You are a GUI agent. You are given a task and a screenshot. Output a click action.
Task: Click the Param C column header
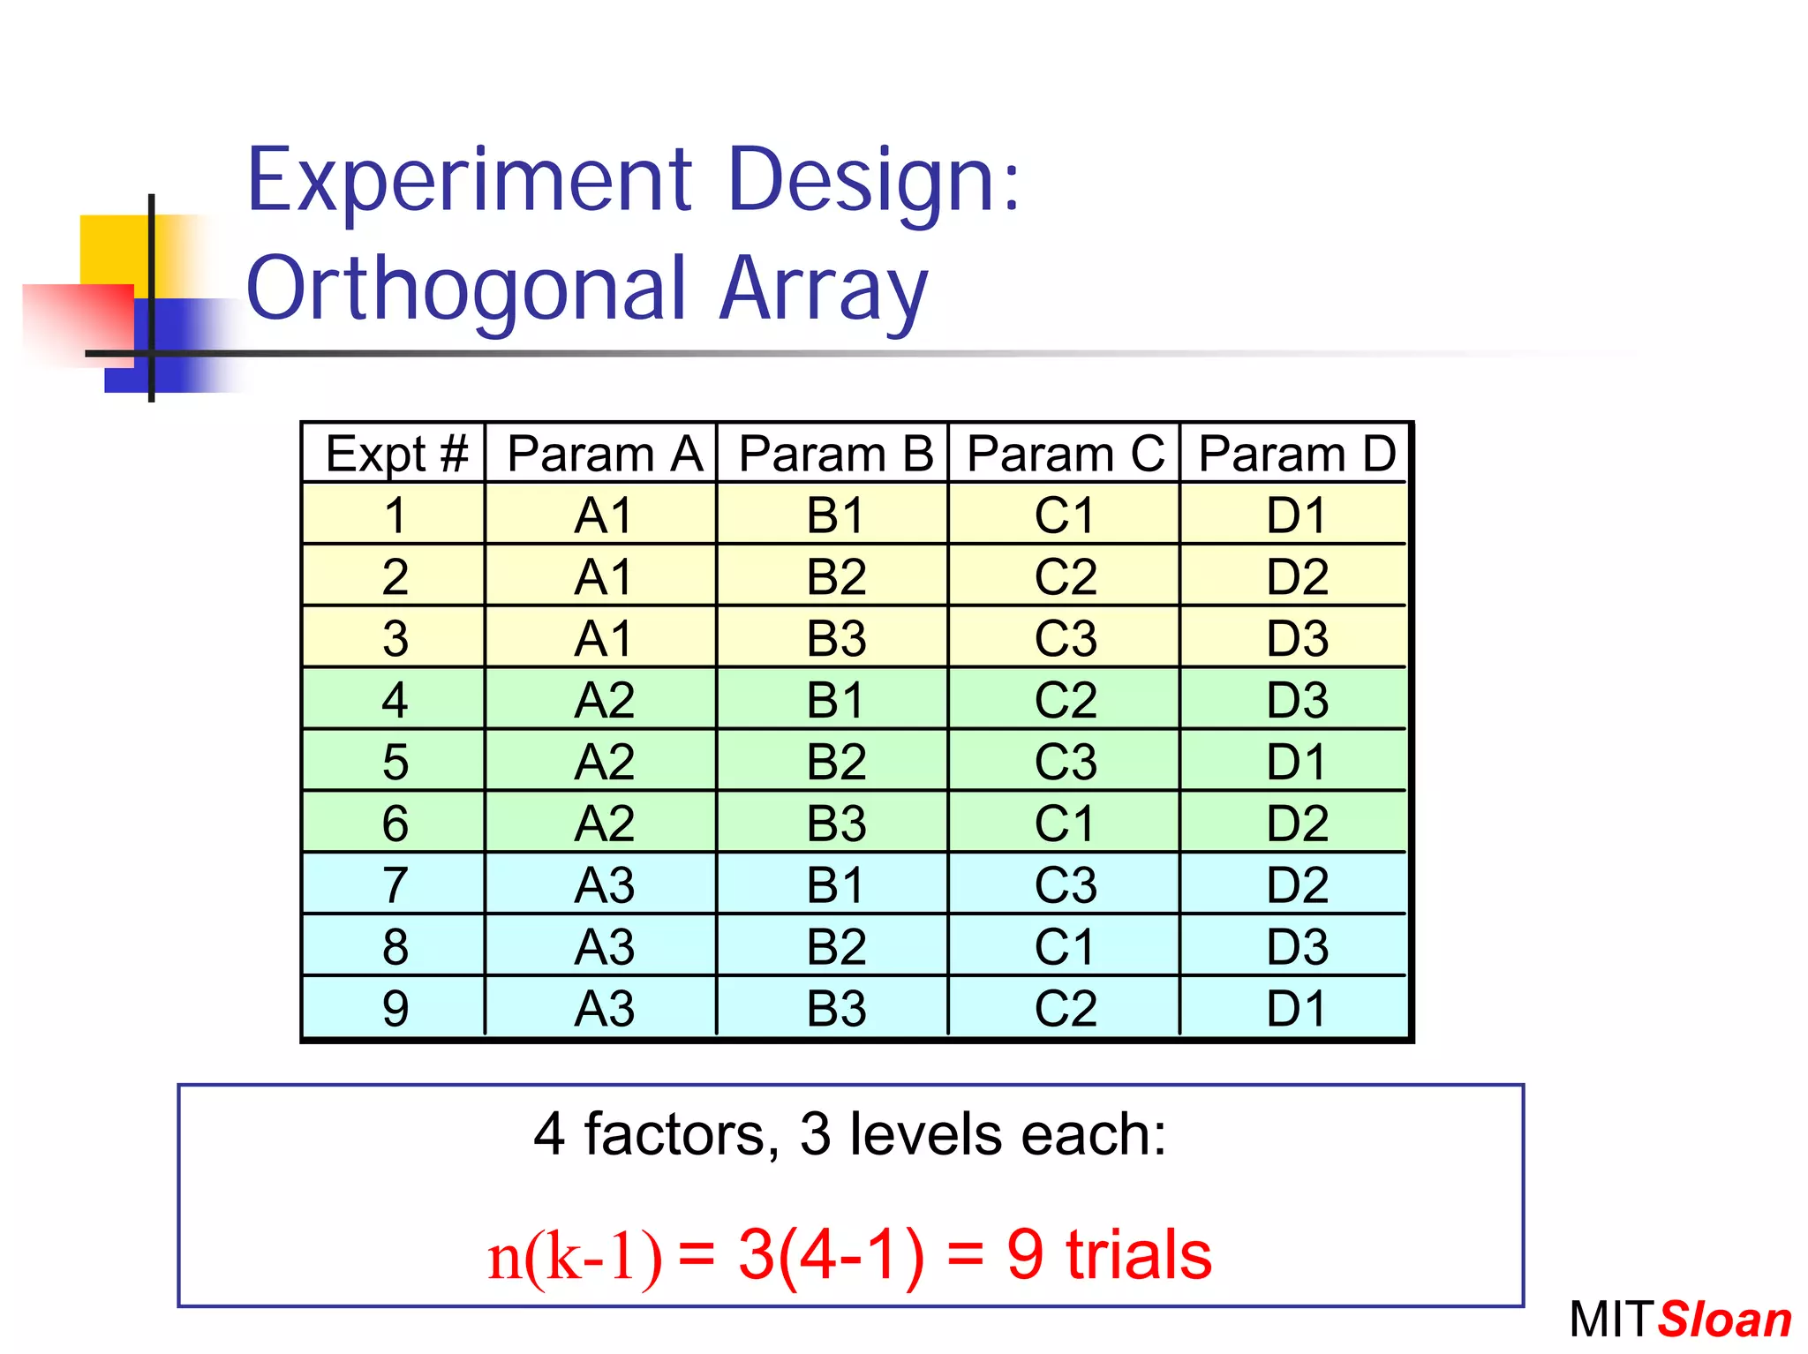click(x=1065, y=454)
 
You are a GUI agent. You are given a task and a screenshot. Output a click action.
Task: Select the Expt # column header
click(x=395, y=454)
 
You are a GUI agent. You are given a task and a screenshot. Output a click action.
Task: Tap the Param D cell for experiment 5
click(x=1296, y=761)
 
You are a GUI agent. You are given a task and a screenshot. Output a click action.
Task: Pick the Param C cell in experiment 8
click(x=1065, y=946)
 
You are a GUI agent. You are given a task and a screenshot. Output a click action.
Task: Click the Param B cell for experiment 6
click(x=836, y=823)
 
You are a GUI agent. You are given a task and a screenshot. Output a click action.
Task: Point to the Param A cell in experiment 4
click(x=604, y=700)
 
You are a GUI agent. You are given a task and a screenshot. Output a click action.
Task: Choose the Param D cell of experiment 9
click(x=1296, y=1008)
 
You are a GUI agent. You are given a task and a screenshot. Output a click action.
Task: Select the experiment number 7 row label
click(x=395, y=884)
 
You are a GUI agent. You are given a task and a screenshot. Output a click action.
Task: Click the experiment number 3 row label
click(x=395, y=638)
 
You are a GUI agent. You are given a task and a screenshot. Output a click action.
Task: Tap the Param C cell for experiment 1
click(x=1065, y=515)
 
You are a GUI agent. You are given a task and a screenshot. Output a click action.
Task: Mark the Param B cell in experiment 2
click(x=836, y=576)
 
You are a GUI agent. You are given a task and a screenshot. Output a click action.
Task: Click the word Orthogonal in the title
click(x=466, y=290)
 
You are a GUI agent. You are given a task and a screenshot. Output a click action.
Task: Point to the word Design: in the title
click(x=874, y=181)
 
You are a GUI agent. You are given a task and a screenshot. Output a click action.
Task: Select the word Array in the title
click(x=823, y=290)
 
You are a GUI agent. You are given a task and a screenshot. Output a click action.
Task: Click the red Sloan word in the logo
click(x=1724, y=1320)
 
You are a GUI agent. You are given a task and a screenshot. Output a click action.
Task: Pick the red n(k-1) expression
click(x=574, y=1255)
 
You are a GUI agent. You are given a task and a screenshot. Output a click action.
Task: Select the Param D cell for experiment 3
click(x=1296, y=638)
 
